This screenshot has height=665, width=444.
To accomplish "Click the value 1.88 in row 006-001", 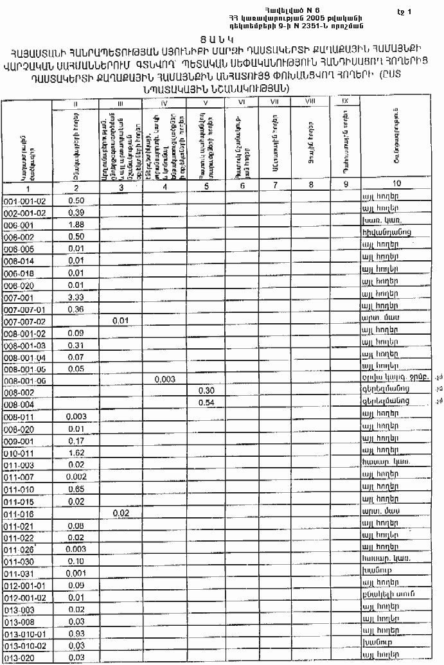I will click(x=76, y=224).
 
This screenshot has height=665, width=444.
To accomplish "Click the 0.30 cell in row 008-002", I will click(x=206, y=391).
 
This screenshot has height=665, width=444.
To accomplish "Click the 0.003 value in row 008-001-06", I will click(x=165, y=379).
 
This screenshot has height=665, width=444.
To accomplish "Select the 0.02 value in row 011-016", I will click(x=120, y=513).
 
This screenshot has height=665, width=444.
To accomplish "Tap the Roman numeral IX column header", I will click(x=344, y=102).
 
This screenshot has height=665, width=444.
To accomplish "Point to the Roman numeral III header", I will click(x=120, y=102).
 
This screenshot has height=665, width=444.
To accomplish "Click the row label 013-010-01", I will click(x=22, y=633).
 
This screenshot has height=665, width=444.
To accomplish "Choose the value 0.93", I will click(x=76, y=633).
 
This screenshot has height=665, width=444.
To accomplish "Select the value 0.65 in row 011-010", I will click(x=76, y=490).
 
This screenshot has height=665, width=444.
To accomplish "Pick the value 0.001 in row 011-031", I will click(x=76, y=573).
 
